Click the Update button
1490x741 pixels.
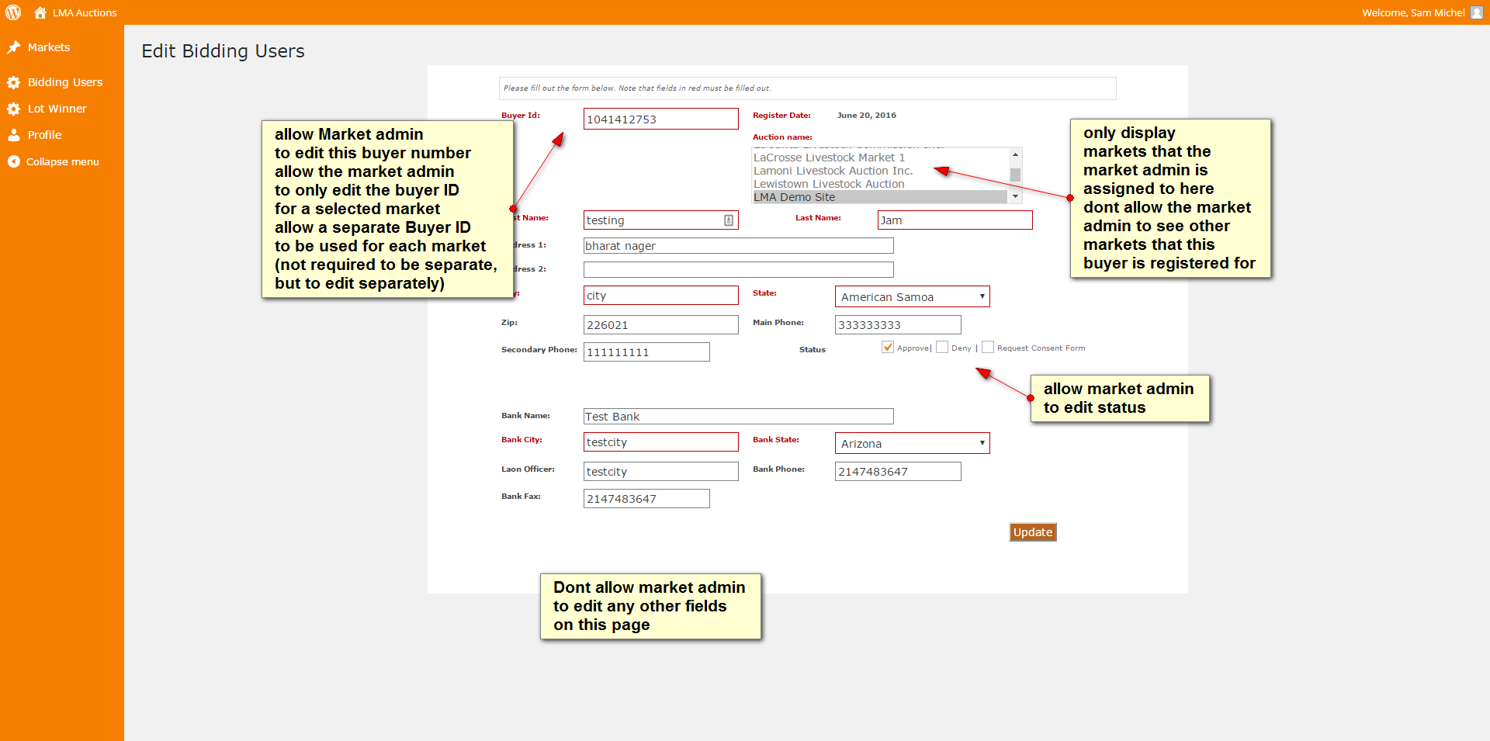(x=1032, y=532)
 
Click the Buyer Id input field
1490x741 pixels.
(x=660, y=119)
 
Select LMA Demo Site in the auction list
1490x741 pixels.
(x=795, y=197)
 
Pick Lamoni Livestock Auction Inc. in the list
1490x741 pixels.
(x=833, y=171)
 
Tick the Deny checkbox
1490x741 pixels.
(x=942, y=348)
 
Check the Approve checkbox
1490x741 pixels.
(x=888, y=348)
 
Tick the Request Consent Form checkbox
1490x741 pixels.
(x=988, y=348)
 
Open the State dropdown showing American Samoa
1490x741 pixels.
(x=912, y=296)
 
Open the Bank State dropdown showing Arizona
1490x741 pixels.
(x=912, y=443)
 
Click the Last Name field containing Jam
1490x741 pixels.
(x=955, y=220)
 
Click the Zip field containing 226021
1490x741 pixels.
(x=660, y=324)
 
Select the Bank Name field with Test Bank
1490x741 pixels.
(x=738, y=417)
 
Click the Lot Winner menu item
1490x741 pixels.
(x=57, y=109)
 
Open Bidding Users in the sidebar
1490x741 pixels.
(x=64, y=82)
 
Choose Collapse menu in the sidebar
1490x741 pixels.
(x=62, y=162)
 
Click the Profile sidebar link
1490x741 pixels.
(x=44, y=135)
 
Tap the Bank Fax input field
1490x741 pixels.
(x=646, y=498)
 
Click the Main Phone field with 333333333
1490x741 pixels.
(x=898, y=324)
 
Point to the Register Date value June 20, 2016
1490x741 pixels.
(x=866, y=116)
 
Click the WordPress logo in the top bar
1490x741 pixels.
(x=13, y=12)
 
